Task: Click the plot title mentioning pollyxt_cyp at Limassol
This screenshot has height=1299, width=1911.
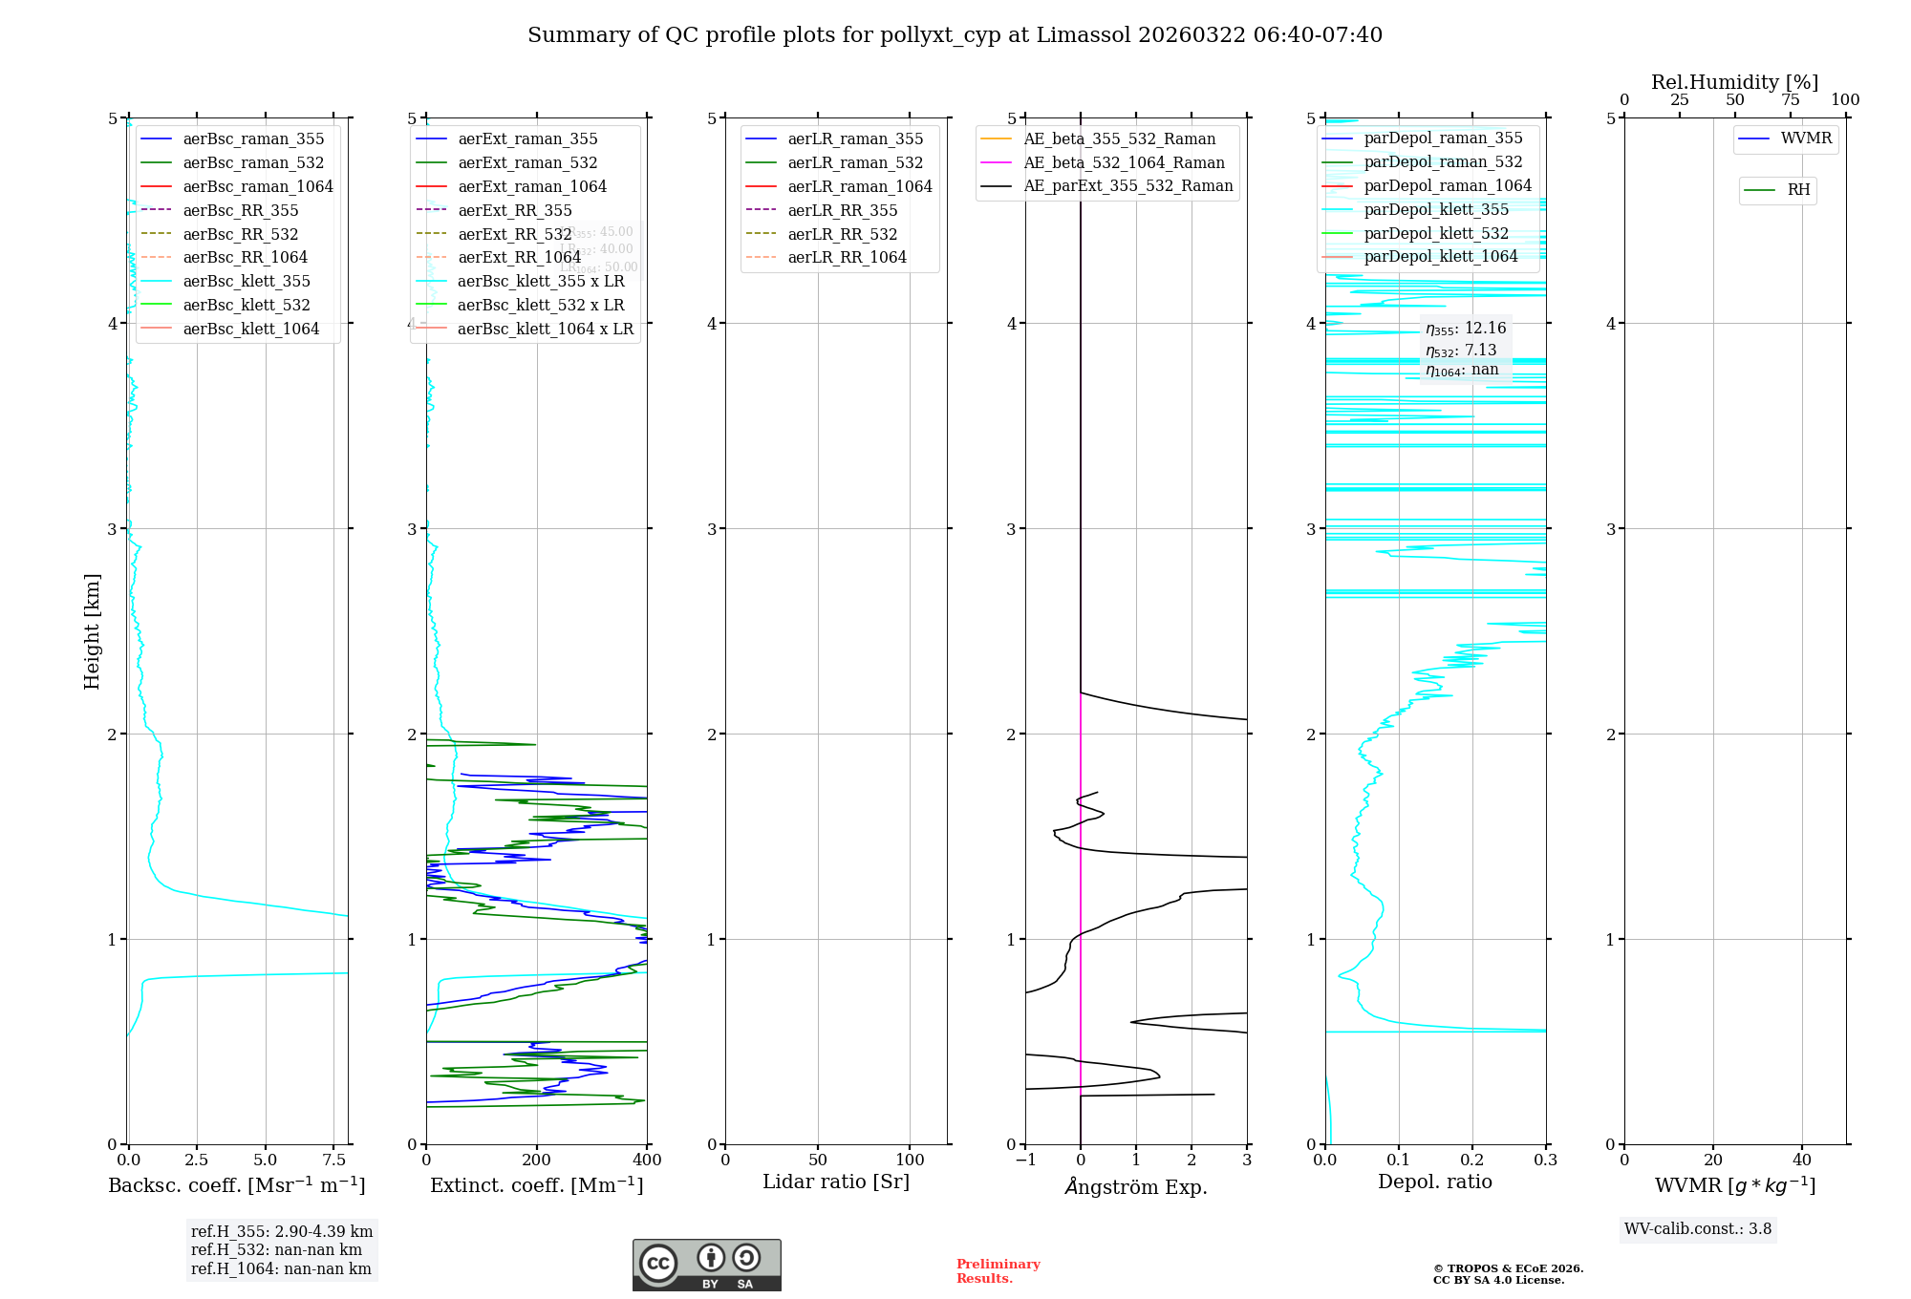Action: coord(955,35)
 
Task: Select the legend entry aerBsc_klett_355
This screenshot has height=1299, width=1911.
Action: coord(246,281)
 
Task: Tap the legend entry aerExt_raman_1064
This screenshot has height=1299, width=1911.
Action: coord(531,186)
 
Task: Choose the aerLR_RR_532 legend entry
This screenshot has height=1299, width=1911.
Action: coord(842,234)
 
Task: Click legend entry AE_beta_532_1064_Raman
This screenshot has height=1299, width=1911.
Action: coord(1124,162)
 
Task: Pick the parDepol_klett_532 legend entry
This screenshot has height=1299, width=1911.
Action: coord(1435,233)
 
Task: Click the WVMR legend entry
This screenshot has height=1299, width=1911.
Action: coord(1806,138)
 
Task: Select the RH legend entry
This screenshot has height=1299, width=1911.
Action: coord(1798,190)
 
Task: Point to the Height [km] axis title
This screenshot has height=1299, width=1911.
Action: coord(92,630)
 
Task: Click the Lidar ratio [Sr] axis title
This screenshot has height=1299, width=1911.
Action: coord(836,1182)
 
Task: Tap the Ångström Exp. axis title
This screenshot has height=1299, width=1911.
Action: coord(1135,1186)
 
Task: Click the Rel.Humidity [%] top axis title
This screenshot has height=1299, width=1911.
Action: coord(1734,82)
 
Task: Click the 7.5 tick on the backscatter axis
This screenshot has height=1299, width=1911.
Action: coord(334,1160)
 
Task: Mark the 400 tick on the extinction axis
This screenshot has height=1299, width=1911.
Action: coord(647,1160)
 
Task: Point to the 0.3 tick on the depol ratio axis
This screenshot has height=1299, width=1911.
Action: coord(1545,1160)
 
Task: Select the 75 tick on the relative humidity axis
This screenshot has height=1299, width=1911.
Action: coord(1790,100)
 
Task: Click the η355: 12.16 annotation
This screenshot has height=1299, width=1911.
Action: coord(1466,329)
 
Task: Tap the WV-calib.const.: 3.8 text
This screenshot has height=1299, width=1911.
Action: coord(1697,1229)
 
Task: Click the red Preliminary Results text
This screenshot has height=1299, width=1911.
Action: coord(998,1271)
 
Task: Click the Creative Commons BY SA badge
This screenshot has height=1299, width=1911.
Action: coord(706,1265)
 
